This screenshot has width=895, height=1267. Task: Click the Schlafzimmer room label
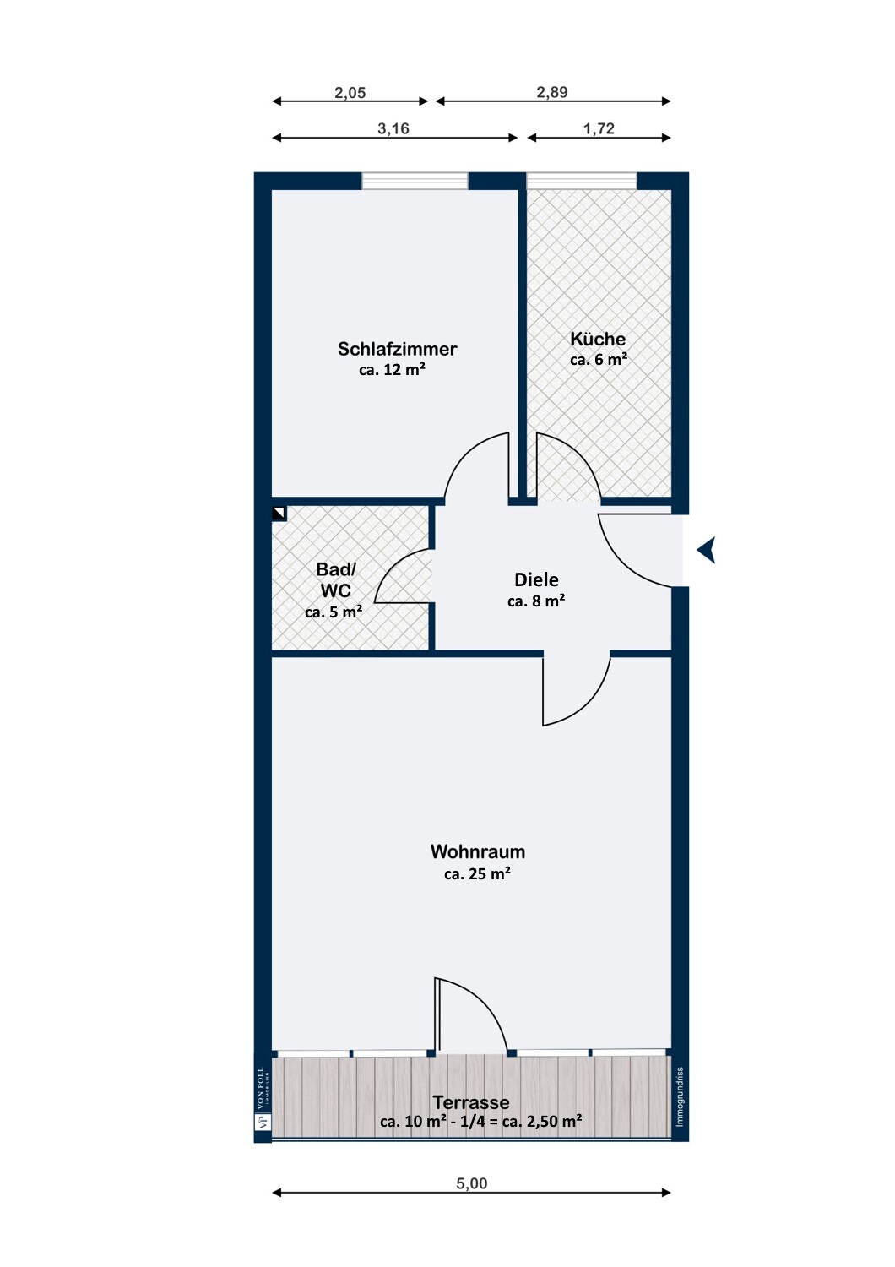click(x=397, y=349)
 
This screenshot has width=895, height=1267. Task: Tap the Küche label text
click(x=598, y=340)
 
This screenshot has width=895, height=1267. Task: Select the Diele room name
click(x=536, y=579)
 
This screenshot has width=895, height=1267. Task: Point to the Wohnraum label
click(x=478, y=851)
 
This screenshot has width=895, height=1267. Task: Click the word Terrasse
click(x=471, y=1102)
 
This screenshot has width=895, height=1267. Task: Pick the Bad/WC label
click(x=336, y=579)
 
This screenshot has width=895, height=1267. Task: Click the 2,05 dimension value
click(x=350, y=92)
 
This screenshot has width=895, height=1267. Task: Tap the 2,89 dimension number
click(x=552, y=92)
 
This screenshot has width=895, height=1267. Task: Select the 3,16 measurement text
click(x=393, y=129)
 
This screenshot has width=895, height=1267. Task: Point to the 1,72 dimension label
click(x=599, y=129)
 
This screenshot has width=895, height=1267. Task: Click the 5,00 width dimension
click(x=471, y=1183)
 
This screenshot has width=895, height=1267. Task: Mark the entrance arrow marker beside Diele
click(x=706, y=549)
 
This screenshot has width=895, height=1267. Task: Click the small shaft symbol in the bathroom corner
click(x=279, y=513)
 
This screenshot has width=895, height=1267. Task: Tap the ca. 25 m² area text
click(x=477, y=874)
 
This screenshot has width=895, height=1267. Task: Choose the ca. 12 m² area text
click(x=392, y=369)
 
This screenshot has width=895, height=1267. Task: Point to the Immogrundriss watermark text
click(x=680, y=1096)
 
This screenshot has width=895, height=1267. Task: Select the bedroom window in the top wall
click(x=415, y=181)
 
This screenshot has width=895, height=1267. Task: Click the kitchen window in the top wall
click(x=582, y=181)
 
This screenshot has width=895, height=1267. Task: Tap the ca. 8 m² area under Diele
click(x=536, y=601)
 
